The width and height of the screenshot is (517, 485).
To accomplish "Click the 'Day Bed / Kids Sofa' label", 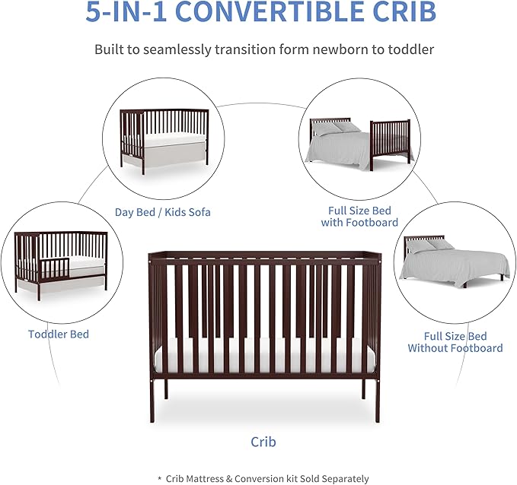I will click(162, 212).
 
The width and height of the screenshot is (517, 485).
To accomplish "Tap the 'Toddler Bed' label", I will click(59, 334).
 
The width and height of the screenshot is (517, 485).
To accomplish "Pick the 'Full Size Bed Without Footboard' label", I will click(455, 342).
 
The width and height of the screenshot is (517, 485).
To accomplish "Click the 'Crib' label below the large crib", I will click(263, 442).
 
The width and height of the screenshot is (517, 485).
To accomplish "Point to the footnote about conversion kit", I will click(263, 478).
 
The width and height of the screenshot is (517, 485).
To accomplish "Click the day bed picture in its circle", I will click(163, 140).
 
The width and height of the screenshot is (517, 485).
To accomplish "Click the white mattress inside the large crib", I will click(263, 357).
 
